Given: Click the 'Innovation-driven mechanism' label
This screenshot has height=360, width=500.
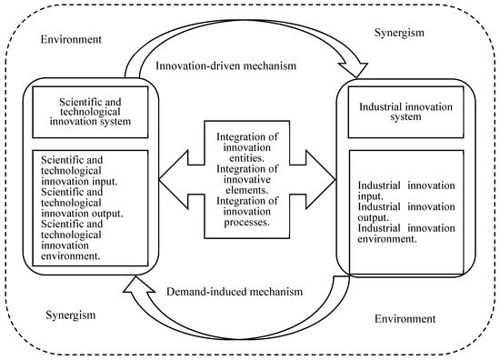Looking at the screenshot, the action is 225,65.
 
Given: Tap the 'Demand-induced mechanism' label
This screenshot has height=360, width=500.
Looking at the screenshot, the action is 235,292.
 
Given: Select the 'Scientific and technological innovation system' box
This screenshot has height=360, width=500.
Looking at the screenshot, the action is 90,112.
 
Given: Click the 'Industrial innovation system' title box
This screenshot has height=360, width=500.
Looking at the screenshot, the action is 405,112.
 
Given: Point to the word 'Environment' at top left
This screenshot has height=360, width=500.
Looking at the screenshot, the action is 71,39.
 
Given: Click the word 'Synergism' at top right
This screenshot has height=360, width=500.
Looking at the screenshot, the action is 399,33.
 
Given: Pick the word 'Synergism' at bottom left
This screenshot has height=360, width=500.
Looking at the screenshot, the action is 71,315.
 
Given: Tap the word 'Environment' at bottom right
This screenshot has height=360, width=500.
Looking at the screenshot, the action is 405,318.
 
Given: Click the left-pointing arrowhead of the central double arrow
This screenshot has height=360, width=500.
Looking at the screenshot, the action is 174,180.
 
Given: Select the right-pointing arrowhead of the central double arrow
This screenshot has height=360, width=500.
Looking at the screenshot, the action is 321,180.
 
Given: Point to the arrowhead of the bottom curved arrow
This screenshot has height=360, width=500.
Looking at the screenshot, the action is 136,285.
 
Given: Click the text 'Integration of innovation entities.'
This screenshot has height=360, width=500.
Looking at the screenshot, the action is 247,147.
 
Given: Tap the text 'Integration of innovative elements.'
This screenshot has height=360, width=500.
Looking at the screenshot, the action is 247,179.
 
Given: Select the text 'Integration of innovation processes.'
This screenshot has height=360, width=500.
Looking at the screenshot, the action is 247,212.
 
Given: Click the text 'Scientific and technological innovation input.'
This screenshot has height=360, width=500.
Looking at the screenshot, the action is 79,171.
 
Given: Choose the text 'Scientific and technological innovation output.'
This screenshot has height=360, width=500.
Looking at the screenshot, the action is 82,203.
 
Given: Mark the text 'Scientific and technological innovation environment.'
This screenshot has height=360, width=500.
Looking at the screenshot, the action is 72,240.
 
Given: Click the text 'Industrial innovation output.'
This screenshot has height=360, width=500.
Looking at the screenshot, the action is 406,212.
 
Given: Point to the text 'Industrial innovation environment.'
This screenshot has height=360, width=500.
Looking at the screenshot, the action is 406,234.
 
